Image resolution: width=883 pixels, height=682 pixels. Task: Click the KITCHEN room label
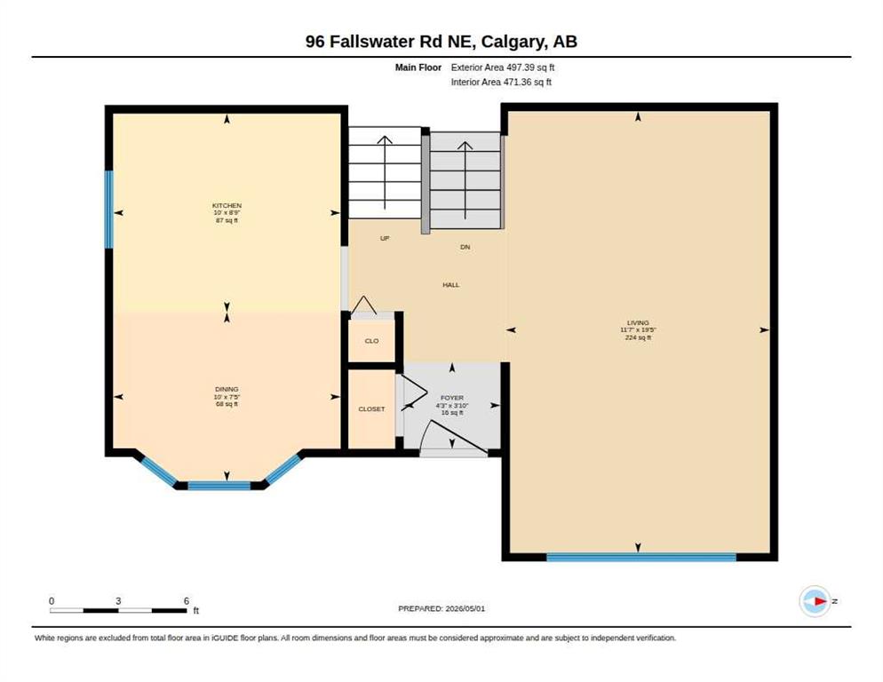coord(227,205)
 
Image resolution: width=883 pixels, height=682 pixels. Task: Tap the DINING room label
coord(227,389)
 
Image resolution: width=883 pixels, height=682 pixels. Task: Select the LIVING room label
coord(638,322)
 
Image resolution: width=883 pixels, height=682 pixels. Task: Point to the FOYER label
coord(452,398)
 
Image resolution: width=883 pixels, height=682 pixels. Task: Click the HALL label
coord(451,285)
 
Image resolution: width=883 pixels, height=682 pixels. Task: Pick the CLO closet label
coord(371,341)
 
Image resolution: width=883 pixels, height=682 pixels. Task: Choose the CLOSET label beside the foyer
coord(371,408)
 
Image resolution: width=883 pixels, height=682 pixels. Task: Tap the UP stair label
coord(385,238)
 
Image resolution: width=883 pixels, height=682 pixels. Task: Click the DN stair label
coord(465,247)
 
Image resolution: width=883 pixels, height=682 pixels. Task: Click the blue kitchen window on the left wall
coord(109,210)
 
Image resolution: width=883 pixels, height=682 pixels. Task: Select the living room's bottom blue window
coord(641,558)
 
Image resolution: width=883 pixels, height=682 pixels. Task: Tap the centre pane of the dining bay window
coord(219,486)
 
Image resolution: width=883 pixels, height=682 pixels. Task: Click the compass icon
coord(815,601)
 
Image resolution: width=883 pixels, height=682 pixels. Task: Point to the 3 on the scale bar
coord(118,601)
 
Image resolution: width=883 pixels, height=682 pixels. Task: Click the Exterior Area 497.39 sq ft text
coord(503,67)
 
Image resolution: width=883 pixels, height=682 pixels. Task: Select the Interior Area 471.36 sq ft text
coord(501,82)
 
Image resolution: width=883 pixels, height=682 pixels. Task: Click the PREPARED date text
coord(441,608)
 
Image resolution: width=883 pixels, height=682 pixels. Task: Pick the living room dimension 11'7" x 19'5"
coord(639,330)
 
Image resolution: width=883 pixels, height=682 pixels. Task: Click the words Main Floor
coord(418,67)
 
